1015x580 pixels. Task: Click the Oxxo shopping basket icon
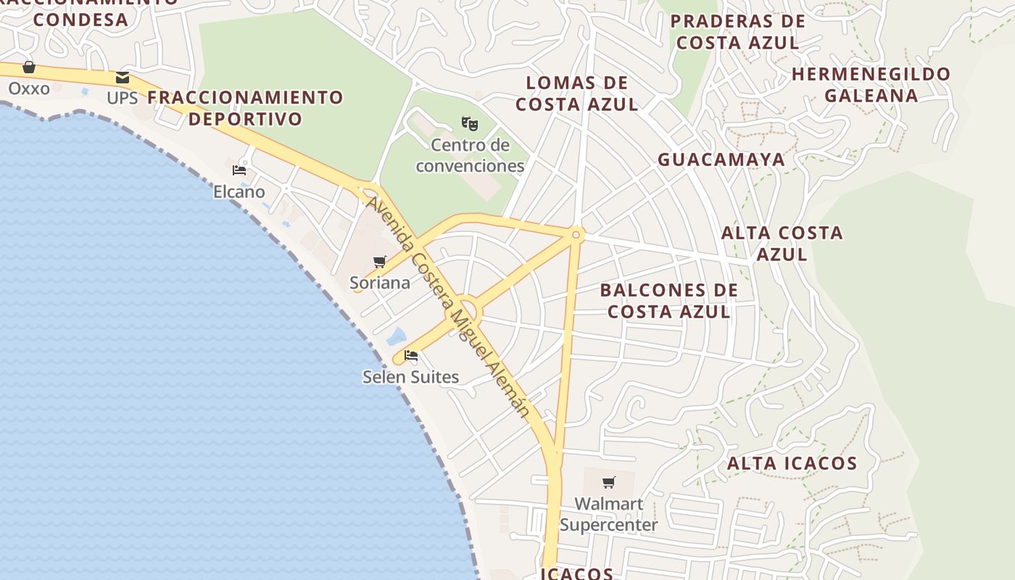[29, 67]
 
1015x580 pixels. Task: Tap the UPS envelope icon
[123, 78]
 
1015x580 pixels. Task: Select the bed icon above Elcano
[239, 170]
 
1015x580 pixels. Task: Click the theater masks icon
[470, 123]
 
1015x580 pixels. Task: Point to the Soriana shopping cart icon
[380, 262]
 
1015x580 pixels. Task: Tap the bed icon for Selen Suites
[411, 355]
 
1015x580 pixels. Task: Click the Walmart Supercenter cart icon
[609, 482]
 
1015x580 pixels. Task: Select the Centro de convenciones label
[470, 156]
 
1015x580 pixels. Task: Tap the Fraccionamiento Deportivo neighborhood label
[246, 108]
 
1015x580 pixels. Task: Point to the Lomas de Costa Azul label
[577, 94]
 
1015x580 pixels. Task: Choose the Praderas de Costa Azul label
[737, 32]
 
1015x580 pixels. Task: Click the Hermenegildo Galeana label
[871, 84]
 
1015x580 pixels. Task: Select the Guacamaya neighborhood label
[721, 159]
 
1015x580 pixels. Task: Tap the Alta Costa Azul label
[782, 244]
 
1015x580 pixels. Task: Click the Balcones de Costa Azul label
[669, 301]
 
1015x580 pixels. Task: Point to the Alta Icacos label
[792, 463]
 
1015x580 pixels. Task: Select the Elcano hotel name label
[239, 192]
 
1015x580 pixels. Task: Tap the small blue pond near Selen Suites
[396, 336]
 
